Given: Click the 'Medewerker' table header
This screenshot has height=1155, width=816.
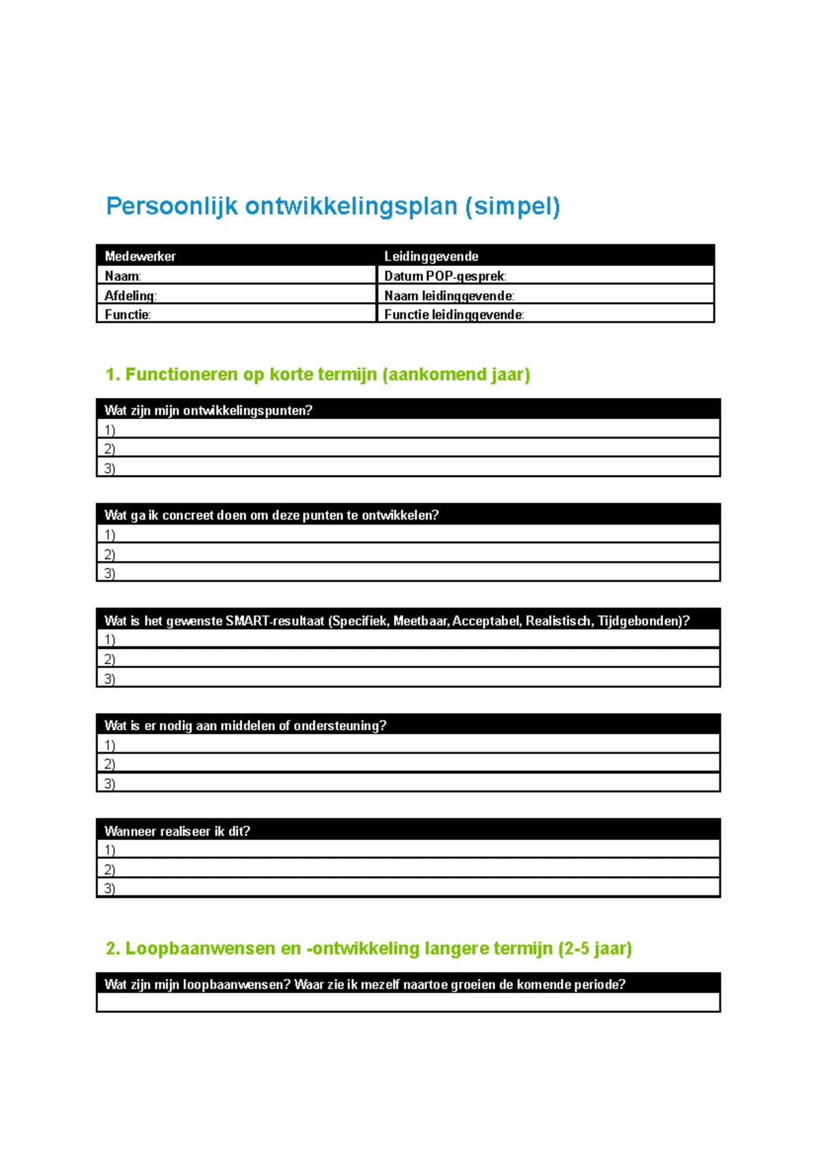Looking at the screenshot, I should (140, 256).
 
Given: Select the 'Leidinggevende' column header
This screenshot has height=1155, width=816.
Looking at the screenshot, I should (431, 256).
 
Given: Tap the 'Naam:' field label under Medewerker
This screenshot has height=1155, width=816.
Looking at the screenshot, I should (122, 276).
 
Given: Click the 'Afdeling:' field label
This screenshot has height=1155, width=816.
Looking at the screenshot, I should (130, 295).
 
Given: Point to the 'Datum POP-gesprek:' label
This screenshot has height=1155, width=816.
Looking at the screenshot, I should (445, 276).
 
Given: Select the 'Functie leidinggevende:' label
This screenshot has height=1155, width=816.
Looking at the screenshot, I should (454, 314).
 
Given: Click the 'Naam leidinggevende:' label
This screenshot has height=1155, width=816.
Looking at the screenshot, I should (449, 295).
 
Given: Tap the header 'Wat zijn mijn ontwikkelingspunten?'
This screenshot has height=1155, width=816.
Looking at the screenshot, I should (208, 410).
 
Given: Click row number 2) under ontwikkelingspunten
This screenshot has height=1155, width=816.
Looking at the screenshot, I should (109, 449).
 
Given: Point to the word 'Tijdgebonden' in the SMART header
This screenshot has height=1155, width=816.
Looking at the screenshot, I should (639, 620).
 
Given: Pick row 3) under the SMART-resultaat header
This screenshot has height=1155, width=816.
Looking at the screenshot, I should (109, 678).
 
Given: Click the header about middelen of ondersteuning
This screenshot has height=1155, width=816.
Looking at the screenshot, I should (245, 725).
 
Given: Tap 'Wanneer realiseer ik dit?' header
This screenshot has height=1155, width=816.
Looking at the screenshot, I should (177, 831).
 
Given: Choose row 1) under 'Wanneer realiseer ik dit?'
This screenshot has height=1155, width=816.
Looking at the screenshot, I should (109, 850).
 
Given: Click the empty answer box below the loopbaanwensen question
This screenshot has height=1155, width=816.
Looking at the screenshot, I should (408, 1003).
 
